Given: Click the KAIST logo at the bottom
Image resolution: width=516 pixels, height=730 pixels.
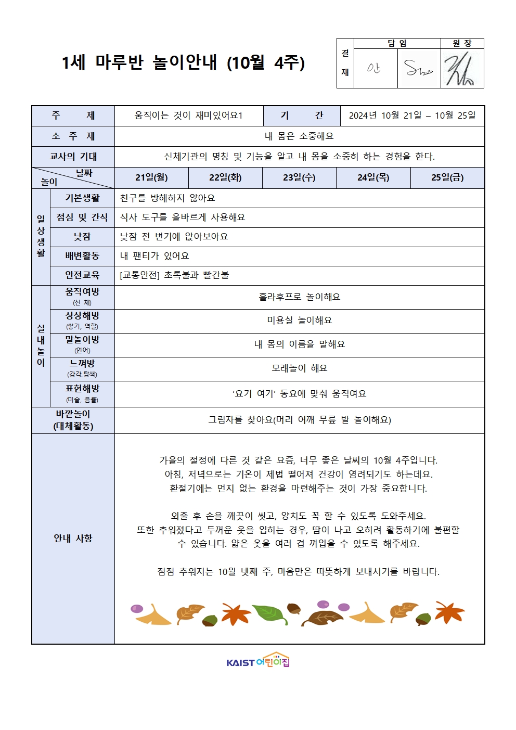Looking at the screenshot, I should tap(257, 661).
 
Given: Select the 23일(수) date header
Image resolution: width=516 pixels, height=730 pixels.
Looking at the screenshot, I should tap(299, 177).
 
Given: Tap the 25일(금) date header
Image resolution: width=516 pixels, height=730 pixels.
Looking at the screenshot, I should tap(447, 177).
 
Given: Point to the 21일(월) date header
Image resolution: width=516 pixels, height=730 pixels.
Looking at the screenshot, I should tap(151, 177).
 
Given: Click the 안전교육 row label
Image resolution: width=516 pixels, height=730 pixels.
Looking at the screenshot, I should tap(82, 275).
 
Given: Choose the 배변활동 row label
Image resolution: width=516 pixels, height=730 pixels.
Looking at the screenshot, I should tap(82, 255).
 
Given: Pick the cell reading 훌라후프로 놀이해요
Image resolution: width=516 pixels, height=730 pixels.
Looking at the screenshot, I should tap(299, 297).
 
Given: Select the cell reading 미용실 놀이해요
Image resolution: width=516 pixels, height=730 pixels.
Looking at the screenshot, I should tap(299, 321).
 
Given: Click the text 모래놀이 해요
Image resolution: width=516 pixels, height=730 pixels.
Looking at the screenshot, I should tap(299, 368).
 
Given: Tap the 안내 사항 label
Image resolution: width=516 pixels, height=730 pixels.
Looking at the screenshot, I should tap(73, 538).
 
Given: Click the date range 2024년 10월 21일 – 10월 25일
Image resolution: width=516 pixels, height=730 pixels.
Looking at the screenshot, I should tap(412, 116).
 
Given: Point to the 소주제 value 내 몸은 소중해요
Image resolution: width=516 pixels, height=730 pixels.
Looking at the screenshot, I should tap(299, 136).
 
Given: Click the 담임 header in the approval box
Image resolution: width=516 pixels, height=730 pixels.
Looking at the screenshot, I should tap(397, 43).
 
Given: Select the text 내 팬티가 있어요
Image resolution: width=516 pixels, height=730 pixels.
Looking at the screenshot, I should tap(154, 255).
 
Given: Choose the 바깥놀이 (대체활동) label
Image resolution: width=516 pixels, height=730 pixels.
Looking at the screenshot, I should tap(73, 420).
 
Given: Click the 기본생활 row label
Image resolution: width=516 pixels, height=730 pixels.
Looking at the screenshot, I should tap(82, 198).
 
